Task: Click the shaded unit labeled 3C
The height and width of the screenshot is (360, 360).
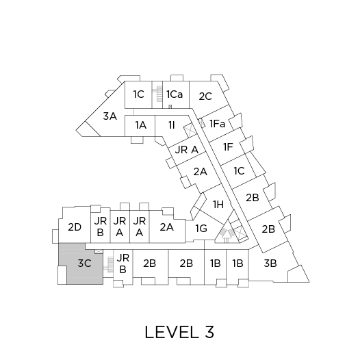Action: [x=84, y=263]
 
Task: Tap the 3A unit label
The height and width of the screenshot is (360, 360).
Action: [x=110, y=116]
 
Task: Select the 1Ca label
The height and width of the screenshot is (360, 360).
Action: [x=175, y=94]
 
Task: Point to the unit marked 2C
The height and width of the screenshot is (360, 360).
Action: [x=205, y=97]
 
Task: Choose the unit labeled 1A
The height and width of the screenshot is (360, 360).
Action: [x=140, y=125]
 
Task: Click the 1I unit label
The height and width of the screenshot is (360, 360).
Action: [x=172, y=125]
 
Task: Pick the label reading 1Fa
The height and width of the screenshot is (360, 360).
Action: [x=218, y=124]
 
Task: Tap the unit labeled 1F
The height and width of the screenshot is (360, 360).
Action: [x=228, y=146]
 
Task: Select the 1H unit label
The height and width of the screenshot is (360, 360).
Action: [x=218, y=204]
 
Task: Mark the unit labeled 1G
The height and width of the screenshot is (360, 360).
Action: [x=201, y=229]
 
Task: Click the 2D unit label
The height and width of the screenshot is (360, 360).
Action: [x=75, y=227]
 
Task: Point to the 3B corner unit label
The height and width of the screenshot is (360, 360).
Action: [x=270, y=263]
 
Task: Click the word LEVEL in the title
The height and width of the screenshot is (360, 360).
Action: [x=172, y=332]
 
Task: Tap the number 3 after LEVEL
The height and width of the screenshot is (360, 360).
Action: [x=209, y=332]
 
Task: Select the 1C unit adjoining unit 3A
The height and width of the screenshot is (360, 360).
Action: [x=138, y=94]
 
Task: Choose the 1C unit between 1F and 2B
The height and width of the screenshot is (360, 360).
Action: [x=239, y=171]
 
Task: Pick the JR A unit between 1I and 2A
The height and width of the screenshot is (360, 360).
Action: [x=186, y=150]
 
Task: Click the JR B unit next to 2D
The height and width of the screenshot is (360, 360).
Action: [x=101, y=227]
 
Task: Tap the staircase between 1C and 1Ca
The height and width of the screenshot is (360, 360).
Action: [x=158, y=94]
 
